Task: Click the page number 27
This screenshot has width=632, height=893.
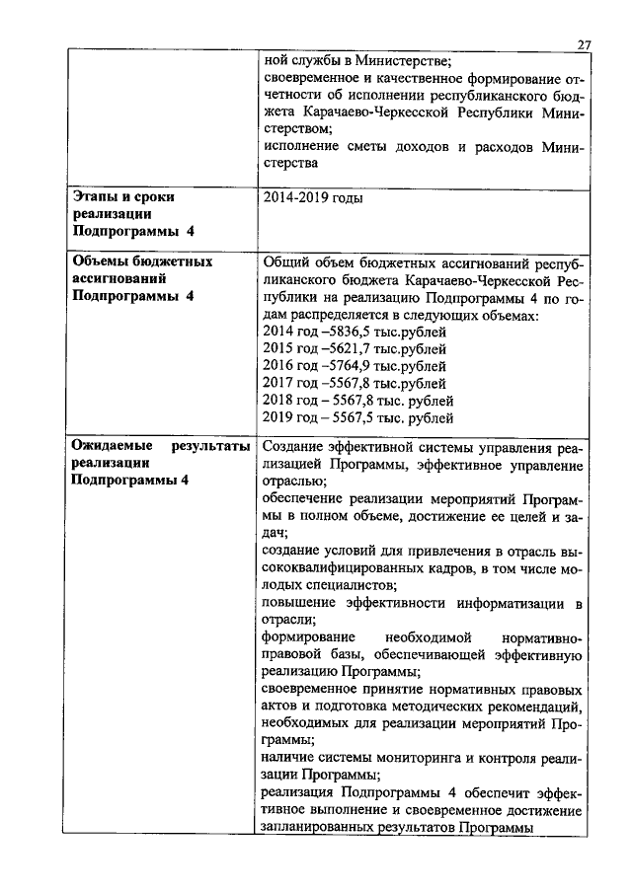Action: (583, 44)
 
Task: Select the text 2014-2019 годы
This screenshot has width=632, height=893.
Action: (312, 198)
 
